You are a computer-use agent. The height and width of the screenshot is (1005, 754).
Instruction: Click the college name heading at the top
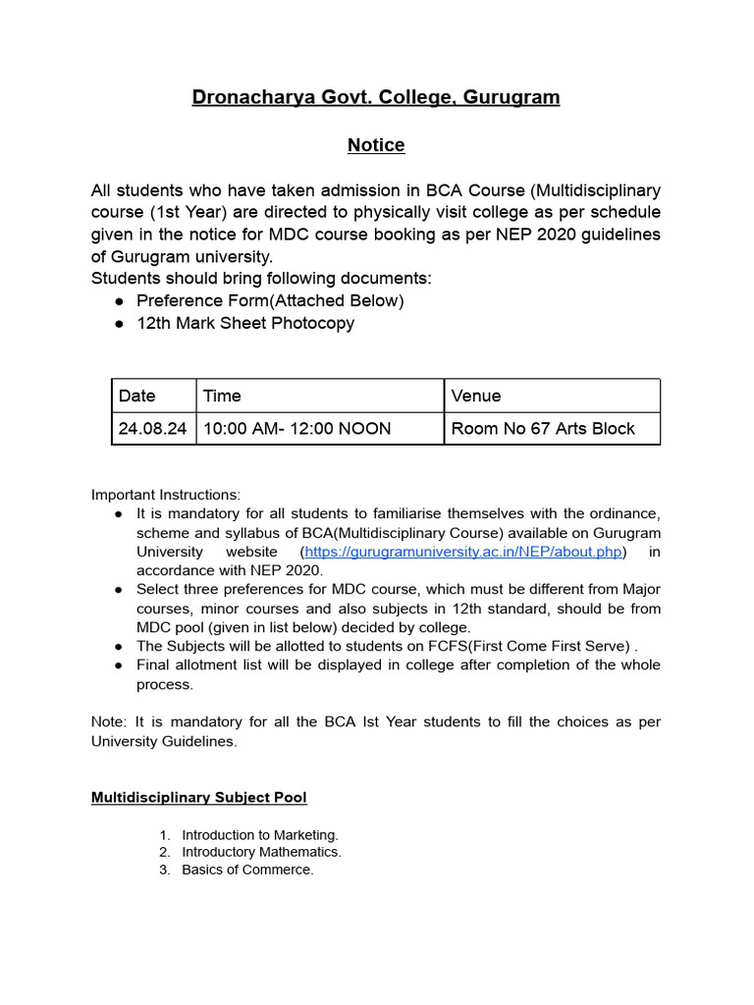point(376,97)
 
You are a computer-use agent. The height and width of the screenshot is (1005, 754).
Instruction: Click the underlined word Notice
point(376,145)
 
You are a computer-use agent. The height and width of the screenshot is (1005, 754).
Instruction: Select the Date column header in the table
point(137,396)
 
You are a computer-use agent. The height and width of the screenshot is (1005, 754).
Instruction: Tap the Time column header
point(222,396)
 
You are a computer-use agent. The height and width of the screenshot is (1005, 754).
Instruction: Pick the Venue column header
point(476,396)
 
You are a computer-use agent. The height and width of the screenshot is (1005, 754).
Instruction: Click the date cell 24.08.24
point(152,428)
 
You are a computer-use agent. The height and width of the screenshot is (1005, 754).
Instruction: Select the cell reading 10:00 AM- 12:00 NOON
point(296,428)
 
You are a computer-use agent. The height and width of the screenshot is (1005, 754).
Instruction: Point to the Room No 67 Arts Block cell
point(543,428)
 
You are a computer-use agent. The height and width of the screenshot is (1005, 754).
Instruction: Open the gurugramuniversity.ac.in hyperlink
point(463,552)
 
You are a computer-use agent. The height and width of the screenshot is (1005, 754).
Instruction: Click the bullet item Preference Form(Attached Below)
point(270,300)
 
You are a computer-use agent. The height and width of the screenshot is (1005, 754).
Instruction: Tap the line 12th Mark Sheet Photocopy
point(245,323)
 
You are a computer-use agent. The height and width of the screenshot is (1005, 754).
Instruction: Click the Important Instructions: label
point(166,495)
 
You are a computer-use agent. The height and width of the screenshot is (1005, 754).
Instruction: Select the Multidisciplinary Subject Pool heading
point(199,798)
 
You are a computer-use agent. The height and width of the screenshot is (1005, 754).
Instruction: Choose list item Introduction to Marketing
point(260,835)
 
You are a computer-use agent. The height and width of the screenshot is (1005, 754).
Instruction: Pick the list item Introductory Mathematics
point(261,852)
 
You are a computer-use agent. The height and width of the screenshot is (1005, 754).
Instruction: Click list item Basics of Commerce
point(247,870)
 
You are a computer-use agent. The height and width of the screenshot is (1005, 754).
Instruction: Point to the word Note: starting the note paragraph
point(109,721)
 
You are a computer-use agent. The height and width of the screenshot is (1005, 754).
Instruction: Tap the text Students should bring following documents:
point(261,278)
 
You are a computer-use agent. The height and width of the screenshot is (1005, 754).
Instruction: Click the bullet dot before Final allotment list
point(118,665)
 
